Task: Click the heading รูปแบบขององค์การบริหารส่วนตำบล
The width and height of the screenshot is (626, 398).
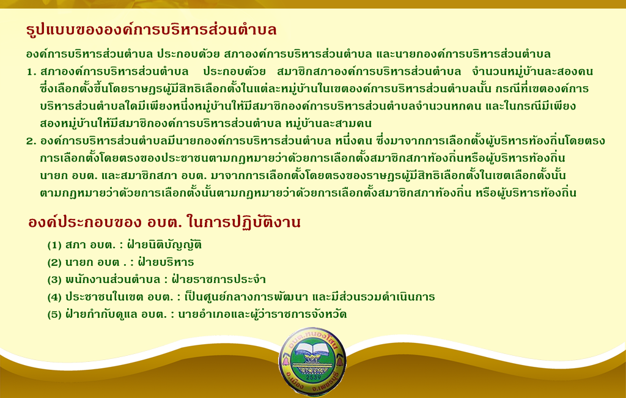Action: click(x=152, y=31)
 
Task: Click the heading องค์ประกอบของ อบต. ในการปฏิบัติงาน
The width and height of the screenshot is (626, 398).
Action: click(x=164, y=223)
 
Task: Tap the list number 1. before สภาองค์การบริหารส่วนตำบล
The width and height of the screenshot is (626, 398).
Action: click(x=32, y=72)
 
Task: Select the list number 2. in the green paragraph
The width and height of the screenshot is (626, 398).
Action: click(x=32, y=141)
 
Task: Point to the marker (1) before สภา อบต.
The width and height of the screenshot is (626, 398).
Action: click(x=54, y=245)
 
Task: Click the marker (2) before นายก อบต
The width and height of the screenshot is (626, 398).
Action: click(x=54, y=262)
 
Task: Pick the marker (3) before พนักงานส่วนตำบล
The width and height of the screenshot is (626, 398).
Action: click(x=54, y=279)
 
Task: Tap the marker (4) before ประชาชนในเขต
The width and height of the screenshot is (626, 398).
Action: click(x=54, y=297)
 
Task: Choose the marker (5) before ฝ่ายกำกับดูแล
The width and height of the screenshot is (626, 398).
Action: click(x=54, y=314)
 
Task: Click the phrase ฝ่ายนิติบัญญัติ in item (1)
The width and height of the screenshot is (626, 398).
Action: click(x=164, y=245)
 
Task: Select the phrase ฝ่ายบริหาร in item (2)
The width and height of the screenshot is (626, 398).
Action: click(x=166, y=262)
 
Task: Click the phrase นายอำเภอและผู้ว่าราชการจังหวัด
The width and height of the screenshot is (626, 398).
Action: click(x=262, y=314)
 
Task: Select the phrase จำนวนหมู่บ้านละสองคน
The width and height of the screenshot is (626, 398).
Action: click(x=532, y=72)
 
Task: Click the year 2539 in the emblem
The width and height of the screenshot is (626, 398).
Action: click(x=312, y=377)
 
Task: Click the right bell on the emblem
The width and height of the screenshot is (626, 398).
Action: click(x=340, y=361)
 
